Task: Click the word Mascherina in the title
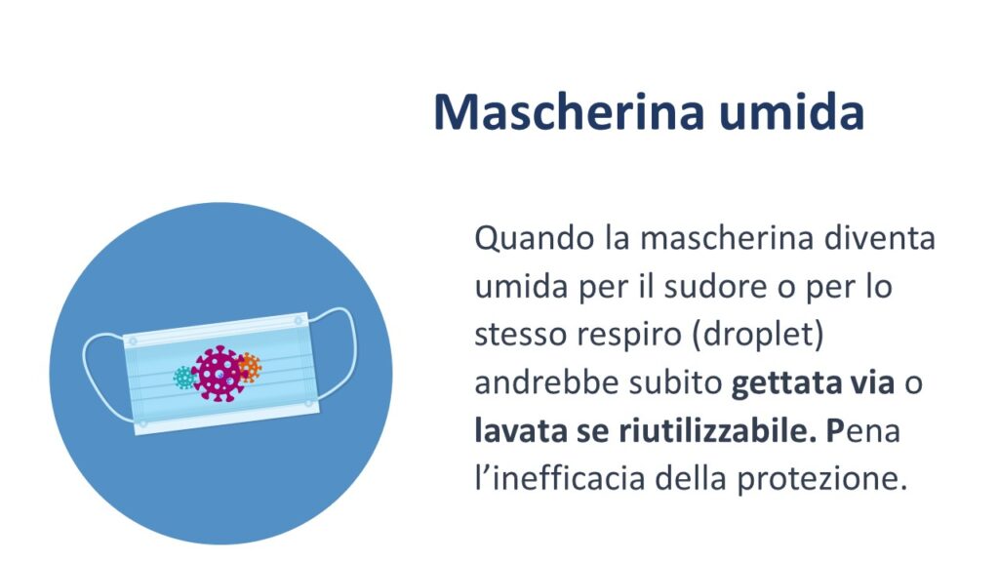569,111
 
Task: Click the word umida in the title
792,111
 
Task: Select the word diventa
879,238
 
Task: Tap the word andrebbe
547,382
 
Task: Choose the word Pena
863,431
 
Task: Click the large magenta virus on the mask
218,374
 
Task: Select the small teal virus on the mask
184,378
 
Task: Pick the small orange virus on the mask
249,368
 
